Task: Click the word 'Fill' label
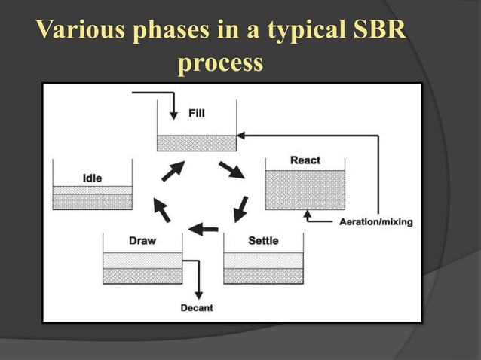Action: [196, 114]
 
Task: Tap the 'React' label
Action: [305, 160]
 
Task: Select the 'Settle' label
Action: [263, 241]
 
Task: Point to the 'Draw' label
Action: [142, 241]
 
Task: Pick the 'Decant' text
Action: [197, 307]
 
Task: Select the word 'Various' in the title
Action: [81, 32]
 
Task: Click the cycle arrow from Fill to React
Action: [231, 169]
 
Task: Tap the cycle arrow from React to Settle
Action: [241, 208]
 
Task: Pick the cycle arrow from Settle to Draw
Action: [203, 228]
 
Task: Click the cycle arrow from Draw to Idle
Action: [161, 209]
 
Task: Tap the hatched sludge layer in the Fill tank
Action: [196, 143]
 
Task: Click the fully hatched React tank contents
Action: [305, 190]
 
